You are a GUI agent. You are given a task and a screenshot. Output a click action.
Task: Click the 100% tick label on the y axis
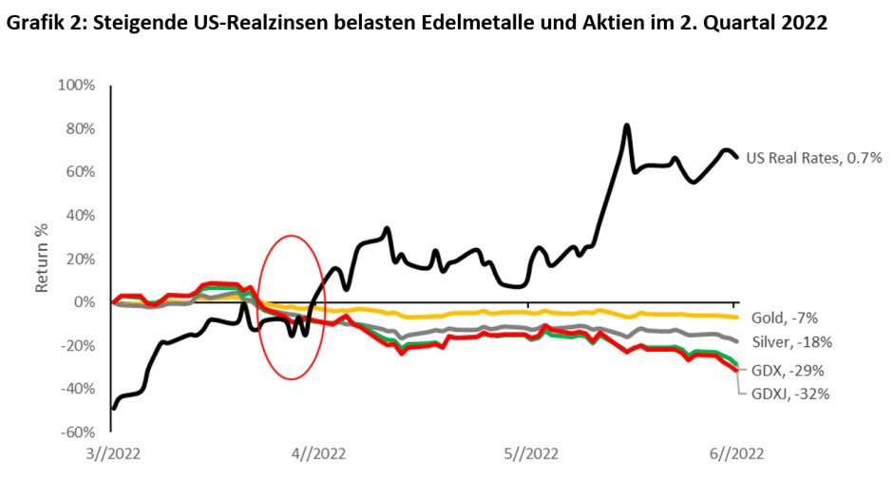[x=76, y=86]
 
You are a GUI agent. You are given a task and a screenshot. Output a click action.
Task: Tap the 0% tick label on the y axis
[x=84, y=302]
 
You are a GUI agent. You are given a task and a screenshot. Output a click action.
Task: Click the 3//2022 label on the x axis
[x=111, y=453]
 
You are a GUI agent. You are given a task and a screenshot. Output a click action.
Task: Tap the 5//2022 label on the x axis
[x=529, y=453]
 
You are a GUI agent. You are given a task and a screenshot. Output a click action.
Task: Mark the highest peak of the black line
[x=627, y=125]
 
